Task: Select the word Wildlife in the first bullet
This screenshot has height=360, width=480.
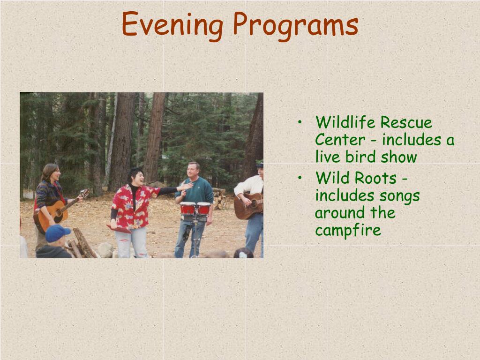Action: tap(345, 122)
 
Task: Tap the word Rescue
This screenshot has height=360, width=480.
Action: tap(406, 122)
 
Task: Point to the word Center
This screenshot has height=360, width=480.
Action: tap(340, 140)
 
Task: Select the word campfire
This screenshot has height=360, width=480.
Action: tap(348, 230)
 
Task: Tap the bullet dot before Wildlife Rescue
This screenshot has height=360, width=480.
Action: tap(300, 122)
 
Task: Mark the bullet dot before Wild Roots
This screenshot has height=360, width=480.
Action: tap(300, 178)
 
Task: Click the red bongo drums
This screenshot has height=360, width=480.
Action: tap(195, 209)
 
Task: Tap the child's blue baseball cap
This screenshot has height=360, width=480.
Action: tap(57, 232)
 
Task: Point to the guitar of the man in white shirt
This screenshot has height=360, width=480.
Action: tap(248, 206)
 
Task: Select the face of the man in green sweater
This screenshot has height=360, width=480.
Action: tap(194, 172)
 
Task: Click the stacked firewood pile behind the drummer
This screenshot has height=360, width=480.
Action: tap(219, 199)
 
